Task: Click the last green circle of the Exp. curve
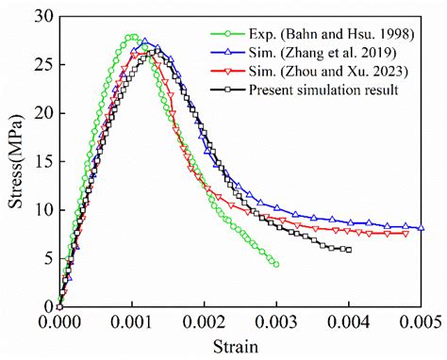tap(275, 265)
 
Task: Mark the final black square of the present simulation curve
tap(348, 250)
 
